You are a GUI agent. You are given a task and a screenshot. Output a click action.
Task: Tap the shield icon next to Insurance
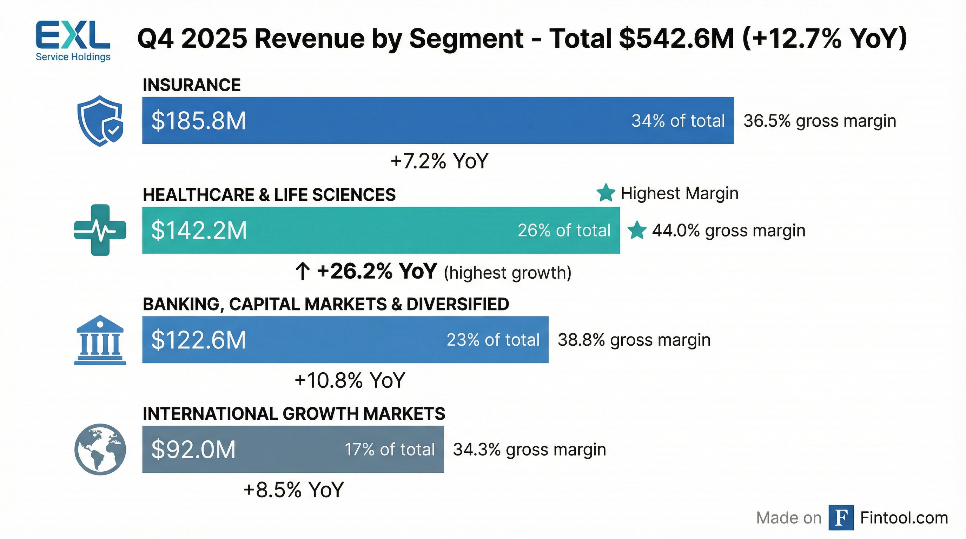pyautogui.click(x=100, y=120)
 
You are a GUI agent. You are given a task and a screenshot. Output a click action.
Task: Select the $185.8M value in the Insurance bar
pyautogui.click(x=198, y=121)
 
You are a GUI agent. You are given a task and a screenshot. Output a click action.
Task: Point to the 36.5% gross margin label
pyautogui.click(x=820, y=121)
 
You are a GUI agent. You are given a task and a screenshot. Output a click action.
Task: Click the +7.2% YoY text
pyautogui.click(x=439, y=161)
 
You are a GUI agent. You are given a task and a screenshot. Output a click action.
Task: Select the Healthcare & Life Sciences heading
pyautogui.click(x=269, y=194)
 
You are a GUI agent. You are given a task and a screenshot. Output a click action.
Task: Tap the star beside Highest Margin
pyautogui.click(x=606, y=193)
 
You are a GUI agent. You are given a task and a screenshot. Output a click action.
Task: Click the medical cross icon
pyautogui.click(x=100, y=230)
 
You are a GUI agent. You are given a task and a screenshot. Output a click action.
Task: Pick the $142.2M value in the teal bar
pyautogui.click(x=199, y=230)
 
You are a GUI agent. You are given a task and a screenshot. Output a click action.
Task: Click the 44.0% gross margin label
pyautogui.click(x=728, y=230)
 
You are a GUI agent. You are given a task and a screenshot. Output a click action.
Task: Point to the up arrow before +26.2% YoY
pyautogui.click(x=302, y=271)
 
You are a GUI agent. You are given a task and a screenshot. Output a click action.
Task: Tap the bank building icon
pyautogui.click(x=100, y=340)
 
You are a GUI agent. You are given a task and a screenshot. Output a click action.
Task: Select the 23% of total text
pyautogui.click(x=493, y=340)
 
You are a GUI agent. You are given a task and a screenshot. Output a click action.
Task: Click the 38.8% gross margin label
pyautogui.click(x=634, y=340)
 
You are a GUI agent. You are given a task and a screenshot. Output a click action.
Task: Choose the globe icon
pyautogui.click(x=100, y=450)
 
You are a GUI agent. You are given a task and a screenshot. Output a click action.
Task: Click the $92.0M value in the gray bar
pyautogui.click(x=193, y=450)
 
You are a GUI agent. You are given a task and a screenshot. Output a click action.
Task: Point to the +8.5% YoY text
pyautogui.click(x=293, y=490)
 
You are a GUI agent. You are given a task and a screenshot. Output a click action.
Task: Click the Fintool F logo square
pyautogui.click(x=841, y=518)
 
